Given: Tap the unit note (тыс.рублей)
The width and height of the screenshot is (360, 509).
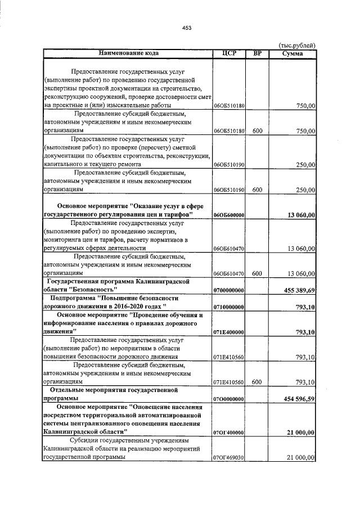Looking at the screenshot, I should coord(298,46).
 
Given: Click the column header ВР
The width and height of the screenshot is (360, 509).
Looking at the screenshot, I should coord(257,54).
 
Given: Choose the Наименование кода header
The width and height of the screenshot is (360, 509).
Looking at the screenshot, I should coord(128,54).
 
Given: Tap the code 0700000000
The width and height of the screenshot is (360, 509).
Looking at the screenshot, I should coord(228,290).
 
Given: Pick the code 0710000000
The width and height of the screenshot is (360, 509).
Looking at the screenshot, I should coord(228,308).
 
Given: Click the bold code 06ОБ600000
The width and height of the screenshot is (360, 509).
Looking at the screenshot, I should coord(228,215).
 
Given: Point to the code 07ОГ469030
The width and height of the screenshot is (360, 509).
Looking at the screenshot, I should coord(228,458).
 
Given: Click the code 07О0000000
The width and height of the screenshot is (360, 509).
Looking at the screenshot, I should coord(228,399).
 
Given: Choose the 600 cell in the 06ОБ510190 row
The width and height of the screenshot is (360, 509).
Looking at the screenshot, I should coord(257,191).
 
